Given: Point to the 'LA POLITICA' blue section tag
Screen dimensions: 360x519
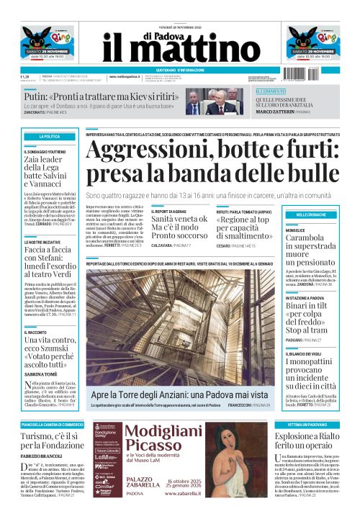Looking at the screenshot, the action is coord(50,136).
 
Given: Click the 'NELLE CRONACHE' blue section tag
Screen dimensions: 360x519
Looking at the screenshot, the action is coord(310,215).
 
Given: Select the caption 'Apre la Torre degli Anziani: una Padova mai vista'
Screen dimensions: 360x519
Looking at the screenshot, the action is coord(179,395).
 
